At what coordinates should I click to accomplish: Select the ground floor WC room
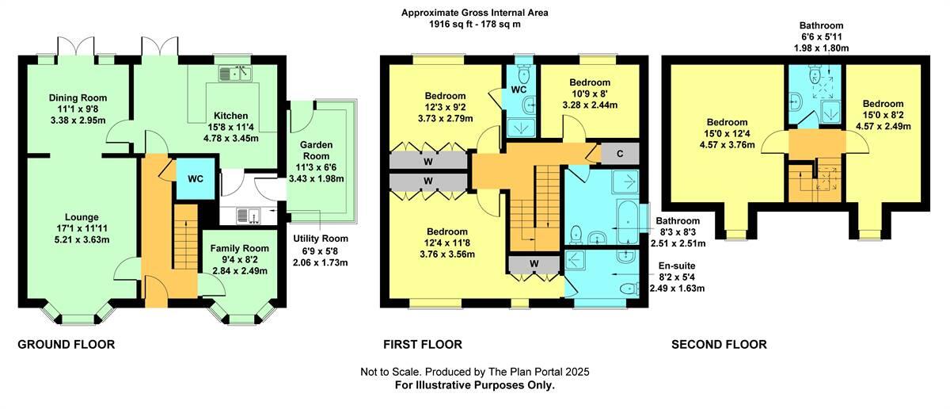coord(195,178)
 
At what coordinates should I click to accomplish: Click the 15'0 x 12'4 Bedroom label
coord(726,123)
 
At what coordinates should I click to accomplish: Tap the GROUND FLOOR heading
coord(66,344)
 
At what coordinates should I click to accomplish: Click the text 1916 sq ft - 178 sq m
coord(474,25)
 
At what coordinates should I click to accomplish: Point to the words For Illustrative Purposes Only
coord(474,385)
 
